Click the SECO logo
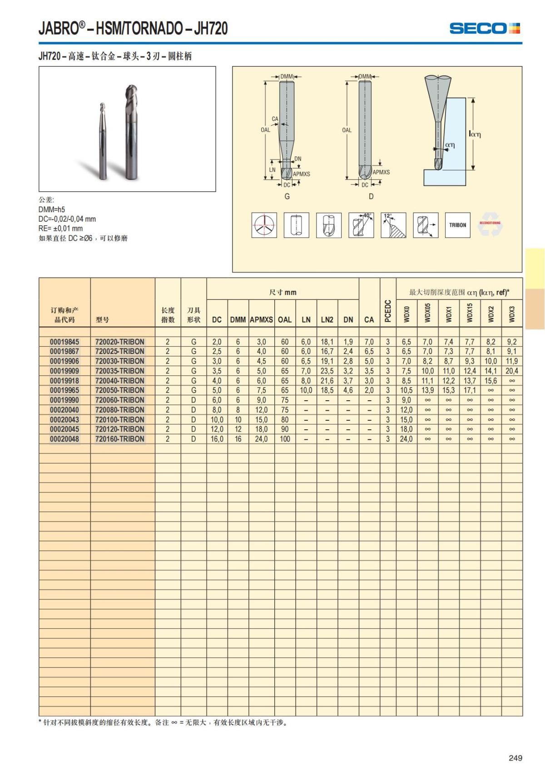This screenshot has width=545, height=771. [x=485, y=29]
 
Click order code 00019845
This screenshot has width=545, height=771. [x=64, y=342]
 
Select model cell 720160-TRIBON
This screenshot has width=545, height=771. [x=119, y=439]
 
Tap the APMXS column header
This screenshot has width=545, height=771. [x=261, y=319]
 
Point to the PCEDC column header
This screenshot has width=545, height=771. [x=388, y=311]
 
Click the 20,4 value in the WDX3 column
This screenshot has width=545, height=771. [x=512, y=371]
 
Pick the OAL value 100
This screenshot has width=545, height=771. [x=285, y=439]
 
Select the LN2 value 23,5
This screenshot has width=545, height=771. [x=327, y=371]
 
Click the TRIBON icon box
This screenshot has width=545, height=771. [x=457, y=225]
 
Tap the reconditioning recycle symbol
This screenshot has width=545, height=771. [x=490, y=224]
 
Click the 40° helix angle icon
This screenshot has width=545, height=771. [x=361, y=225]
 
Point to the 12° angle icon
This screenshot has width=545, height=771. [x=393, y=225]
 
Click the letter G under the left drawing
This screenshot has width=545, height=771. [x=287, y=196]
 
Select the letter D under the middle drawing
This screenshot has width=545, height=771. [x=371, y=196]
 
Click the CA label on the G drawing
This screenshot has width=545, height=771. [x=275, y=119]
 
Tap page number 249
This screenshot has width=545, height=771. [x=515, y=758]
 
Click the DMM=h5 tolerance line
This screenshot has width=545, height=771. [x=52, y=209]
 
